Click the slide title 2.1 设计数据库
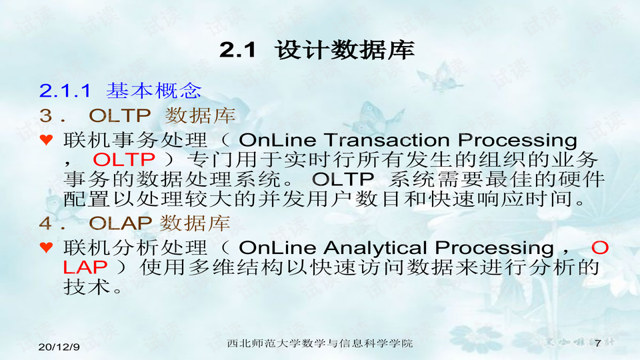tap(317, 50)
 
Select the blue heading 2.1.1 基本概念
tap(121, 90)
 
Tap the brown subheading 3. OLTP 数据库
tap(137, 115)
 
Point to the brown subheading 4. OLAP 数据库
tap(135, 223)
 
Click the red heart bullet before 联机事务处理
tap(47, 140)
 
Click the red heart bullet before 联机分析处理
tap(47, 247)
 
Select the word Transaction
tap(387, 140)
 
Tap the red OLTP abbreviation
tap(124, 159)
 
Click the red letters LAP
tap(85, 267)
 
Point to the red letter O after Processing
tap(600, 248)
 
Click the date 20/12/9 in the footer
tap(59, 347)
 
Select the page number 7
tap(598, 343)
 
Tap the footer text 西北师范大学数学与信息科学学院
tap(319, 343)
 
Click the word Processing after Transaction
tap(517, 141)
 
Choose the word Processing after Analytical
tap(494, 248)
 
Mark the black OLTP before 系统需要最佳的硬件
tap(343, 179)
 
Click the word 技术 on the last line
tap(87, 287)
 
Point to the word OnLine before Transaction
tap(277, 140)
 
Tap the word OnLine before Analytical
tap(277, 247)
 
